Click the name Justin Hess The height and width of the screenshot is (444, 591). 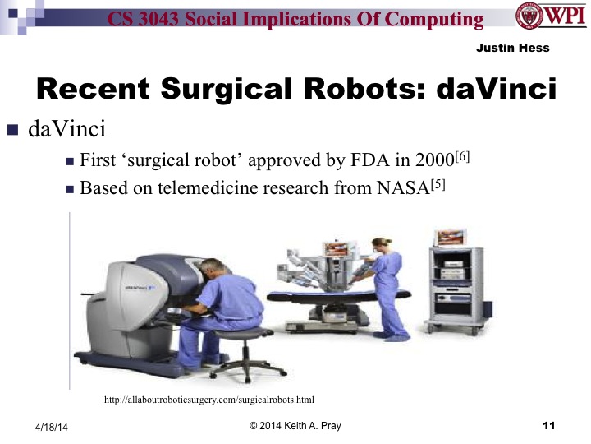pos(512,49)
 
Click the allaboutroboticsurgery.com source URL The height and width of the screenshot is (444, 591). pos(209,400)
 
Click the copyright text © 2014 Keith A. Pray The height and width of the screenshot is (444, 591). pos(295,426)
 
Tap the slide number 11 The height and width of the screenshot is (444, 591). pos(549,425)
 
